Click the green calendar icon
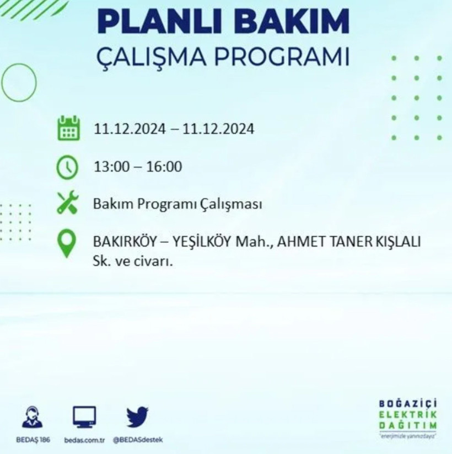click(x=68, y=128)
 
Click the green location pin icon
click(x=67, y=243)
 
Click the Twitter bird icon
click(x=138, y=416)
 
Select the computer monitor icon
click(x=84, y=417)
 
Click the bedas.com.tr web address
click(x=84, y=440)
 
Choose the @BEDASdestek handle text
click(x=138, y=440)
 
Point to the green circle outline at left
click(x=19, y=82)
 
